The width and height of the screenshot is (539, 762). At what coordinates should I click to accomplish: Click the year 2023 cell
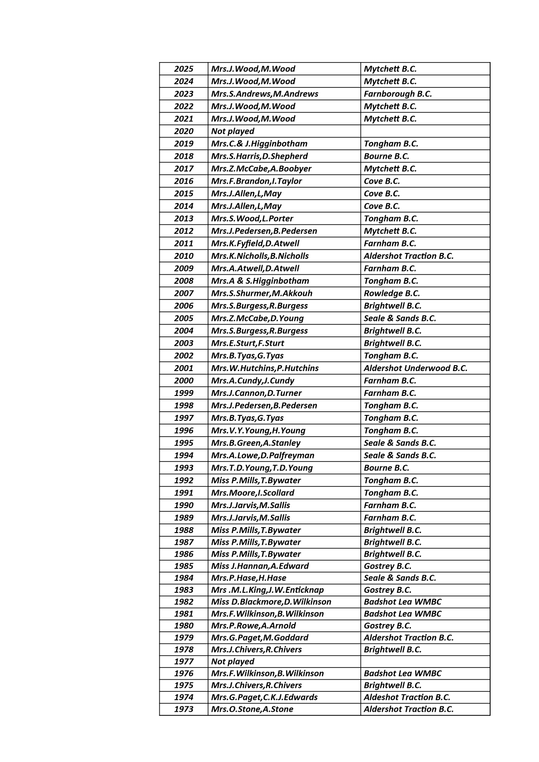click(183, 94)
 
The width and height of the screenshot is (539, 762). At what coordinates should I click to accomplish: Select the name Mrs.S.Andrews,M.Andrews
click(264, 94)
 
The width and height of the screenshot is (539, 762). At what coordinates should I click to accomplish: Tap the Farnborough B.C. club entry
click(397, 94)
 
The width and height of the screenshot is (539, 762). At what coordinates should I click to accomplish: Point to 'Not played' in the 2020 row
click(233, 131)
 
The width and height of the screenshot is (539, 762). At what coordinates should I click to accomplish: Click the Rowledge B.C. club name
click(391, 293)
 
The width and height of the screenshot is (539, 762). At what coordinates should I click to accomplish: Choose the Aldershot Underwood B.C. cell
click(415, 368)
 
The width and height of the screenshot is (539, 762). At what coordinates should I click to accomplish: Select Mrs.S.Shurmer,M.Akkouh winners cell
click(262, 293)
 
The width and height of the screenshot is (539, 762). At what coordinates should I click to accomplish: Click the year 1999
click(183, 393)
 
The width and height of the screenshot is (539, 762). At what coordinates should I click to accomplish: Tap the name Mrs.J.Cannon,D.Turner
click(256, 393)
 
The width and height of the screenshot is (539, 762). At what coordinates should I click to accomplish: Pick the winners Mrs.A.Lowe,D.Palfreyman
click(262, 455)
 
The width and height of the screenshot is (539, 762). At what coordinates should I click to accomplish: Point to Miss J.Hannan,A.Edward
click(260, 566)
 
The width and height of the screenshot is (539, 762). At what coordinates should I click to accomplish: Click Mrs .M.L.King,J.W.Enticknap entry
click(267, 590)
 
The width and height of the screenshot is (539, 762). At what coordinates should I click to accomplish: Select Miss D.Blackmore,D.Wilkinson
click(271, 601)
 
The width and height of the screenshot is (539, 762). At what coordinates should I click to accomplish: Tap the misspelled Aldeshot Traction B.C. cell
click(406, 697)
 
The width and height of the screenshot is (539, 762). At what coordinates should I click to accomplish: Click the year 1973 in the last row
click(183, 709)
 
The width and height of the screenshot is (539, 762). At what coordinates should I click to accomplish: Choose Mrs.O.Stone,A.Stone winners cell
click(252, 709)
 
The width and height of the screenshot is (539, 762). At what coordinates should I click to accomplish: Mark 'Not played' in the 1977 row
click(233, 661)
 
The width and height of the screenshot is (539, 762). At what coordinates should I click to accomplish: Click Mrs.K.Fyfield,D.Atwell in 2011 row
click(255, 243)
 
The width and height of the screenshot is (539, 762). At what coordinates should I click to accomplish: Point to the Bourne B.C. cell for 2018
click(386, 156)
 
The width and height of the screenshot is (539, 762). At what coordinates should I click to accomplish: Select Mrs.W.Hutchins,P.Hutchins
click(265, 368)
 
